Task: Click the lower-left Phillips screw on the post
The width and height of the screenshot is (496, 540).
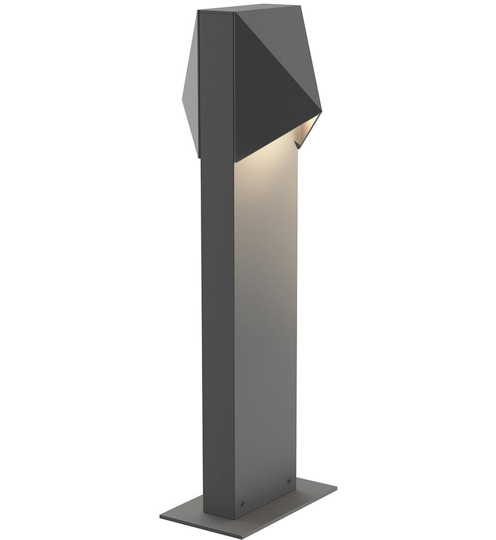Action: (243, 503)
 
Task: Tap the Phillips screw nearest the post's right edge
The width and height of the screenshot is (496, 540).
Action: (288, 481)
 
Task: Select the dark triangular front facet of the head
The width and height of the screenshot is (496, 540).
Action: (266, 90)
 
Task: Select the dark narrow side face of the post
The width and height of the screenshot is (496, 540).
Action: (218, 319)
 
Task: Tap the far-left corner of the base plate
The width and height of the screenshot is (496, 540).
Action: (160, 516)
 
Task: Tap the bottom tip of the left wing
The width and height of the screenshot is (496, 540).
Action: (200, 157)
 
